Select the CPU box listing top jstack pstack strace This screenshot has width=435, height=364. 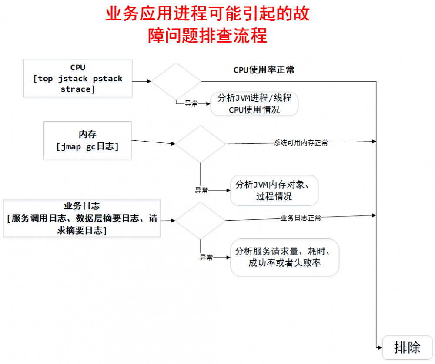point(78,78)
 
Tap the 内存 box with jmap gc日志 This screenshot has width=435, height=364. point(87,140)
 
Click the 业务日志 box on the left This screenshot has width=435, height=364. point(82,218)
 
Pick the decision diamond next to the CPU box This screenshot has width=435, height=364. point(176,81)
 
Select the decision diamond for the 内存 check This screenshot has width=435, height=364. point(200,144)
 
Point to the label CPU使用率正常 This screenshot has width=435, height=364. point(264,69)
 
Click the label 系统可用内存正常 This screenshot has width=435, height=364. point(301,142)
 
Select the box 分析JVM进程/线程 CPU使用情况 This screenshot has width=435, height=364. point(254,104)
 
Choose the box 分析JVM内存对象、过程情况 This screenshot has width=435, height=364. point(274,190)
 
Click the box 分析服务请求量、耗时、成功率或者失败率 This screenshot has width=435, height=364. point(284,257)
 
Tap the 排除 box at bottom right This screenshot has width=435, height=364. point(408,347)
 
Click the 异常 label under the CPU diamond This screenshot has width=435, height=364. point(191,103)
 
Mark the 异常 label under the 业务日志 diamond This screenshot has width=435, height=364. point(206,258)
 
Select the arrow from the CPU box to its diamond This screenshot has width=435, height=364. point(142,81)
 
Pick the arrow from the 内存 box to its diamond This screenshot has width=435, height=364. point(153,142)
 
